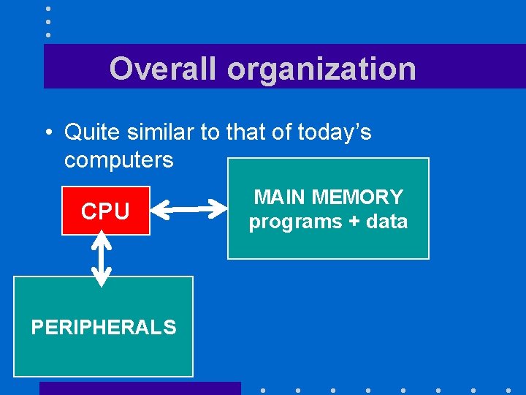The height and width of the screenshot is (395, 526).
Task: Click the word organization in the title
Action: (321, 69)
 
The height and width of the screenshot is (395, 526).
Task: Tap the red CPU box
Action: (105, 211)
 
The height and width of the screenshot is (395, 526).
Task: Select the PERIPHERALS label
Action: (104, 327)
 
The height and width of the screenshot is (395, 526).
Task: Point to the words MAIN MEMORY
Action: (328, 197)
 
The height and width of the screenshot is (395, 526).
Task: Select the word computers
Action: (119, 159)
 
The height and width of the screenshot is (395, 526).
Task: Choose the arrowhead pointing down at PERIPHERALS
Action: (103, 278)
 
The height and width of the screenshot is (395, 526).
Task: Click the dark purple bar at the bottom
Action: (140, 388)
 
